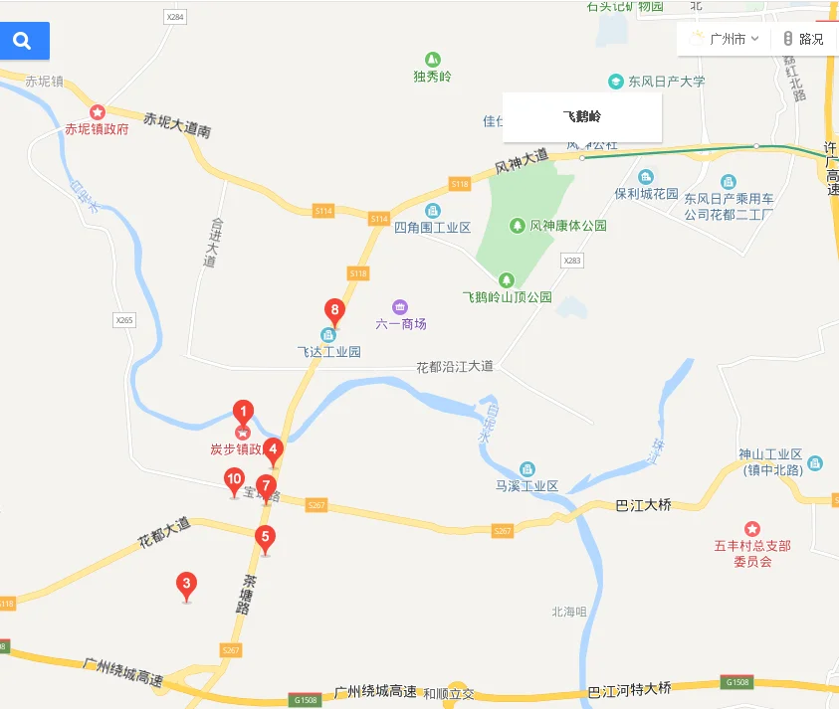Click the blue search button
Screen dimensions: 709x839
point(23,41)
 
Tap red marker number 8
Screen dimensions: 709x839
point(335,311)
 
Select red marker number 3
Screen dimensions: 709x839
point(185,585)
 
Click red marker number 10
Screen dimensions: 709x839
point(234,481)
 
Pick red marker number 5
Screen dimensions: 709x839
point(264,538)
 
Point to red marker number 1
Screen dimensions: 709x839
point(243,410)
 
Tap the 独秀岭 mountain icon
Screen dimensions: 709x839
point(432,59)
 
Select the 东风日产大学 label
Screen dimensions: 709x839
point(666,82)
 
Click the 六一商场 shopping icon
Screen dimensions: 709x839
point(400,306)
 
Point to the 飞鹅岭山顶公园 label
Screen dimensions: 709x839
point(507,297)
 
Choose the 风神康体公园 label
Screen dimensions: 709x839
point(567,226)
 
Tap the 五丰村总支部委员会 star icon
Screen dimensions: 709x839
point(752,528)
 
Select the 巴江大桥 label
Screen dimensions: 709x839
point(644,505)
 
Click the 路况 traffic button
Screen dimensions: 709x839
point(804,39)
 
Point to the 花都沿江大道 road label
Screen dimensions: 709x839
point(454,367)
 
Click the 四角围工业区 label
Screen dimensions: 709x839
point(432,228)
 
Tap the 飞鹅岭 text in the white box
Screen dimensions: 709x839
point(581,116)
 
